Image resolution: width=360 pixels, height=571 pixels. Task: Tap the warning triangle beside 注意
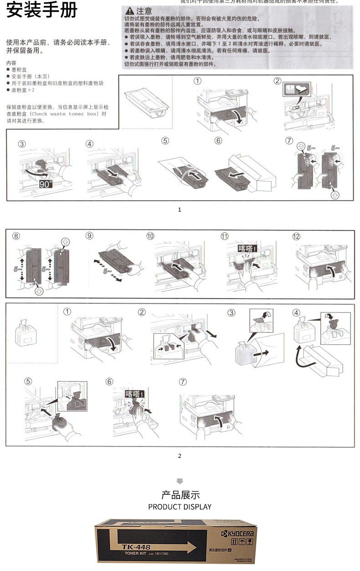(129, 11)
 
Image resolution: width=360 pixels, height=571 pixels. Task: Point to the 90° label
(46, 184)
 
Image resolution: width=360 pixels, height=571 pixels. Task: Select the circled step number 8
(16, 236)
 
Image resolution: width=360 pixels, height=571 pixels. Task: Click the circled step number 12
(297, 236)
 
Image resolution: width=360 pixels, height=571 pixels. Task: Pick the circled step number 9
(89, 236)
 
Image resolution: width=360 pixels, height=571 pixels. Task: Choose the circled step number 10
(150, 236)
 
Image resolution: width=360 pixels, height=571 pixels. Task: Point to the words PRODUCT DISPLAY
(180, 507)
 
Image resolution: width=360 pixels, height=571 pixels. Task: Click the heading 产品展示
(180, 495)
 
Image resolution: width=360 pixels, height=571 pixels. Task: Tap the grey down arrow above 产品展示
(180, 481)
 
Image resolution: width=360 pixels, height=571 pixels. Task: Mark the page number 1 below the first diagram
(180, 210)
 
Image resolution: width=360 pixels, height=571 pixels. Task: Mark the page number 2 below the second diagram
(180, 456)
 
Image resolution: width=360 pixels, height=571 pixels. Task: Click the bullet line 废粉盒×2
(23, 90)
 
